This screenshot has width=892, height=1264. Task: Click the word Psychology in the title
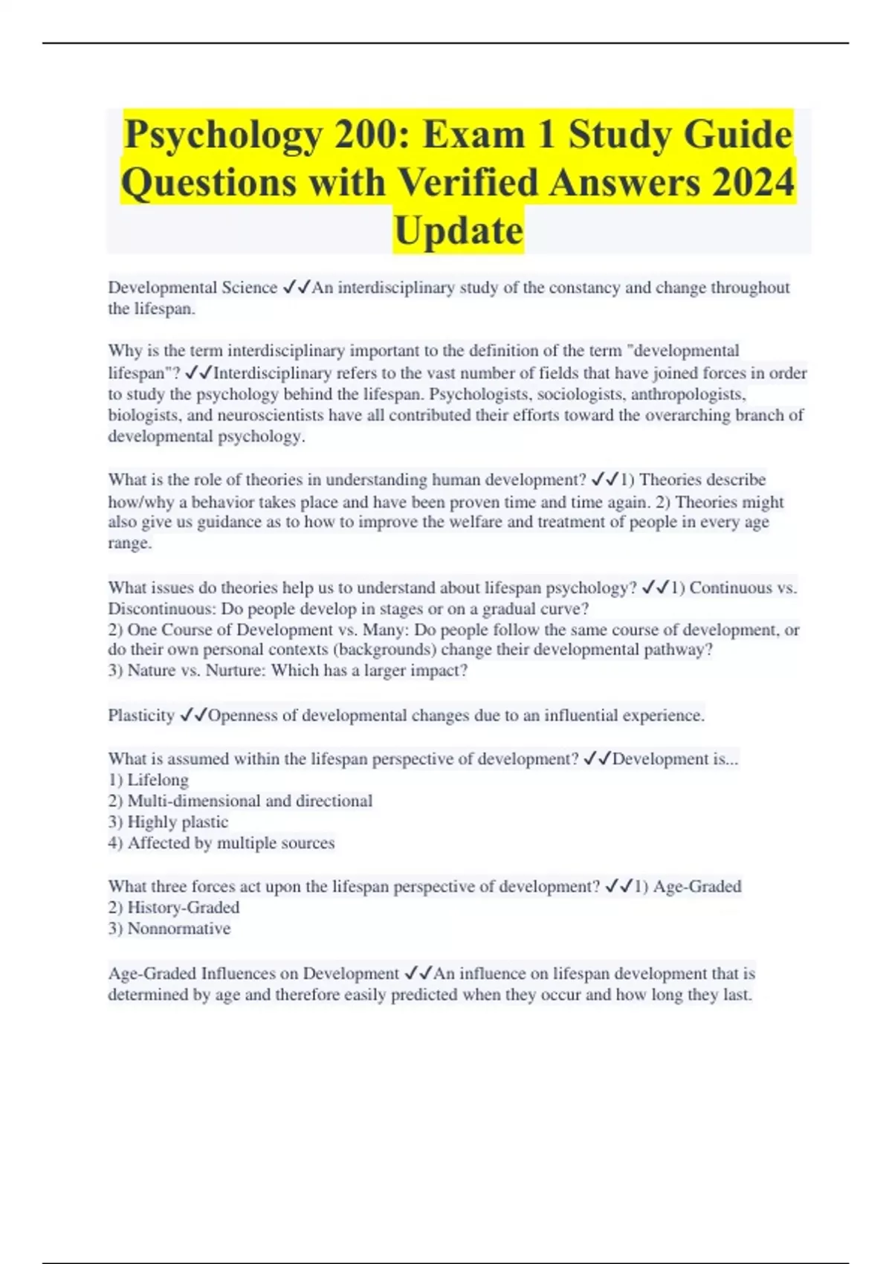(x=223, y=135)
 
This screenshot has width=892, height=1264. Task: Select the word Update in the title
(x=459, y=230)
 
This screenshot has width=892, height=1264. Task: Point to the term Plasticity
(x=141, y=715)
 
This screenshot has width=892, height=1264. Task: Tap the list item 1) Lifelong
(x=149, y=780)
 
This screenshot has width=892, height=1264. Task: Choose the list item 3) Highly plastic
(x=168, y=822)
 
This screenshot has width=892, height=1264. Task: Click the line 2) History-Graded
(x=174, y=907)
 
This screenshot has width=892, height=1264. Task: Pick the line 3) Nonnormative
(x=169, y=928)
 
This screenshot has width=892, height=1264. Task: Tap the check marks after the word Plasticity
(x=193, y=715)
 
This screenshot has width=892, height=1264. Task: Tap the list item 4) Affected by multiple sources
(x=222, y=842)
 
